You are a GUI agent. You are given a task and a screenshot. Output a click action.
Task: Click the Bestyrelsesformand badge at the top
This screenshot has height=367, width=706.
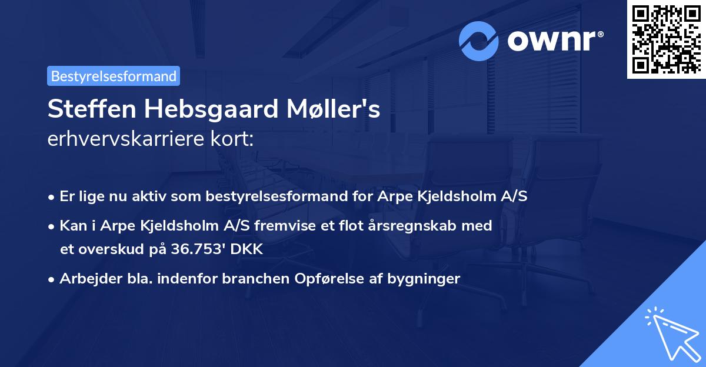(114, 76)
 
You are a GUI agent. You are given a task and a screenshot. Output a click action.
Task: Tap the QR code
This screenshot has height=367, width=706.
(666, 39)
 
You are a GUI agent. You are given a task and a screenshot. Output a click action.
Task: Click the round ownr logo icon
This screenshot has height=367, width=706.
(479, 41)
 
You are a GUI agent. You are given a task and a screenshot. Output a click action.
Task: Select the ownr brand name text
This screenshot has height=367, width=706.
(554, 41)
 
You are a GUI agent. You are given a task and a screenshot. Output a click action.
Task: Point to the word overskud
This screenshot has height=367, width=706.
(112, 249)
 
